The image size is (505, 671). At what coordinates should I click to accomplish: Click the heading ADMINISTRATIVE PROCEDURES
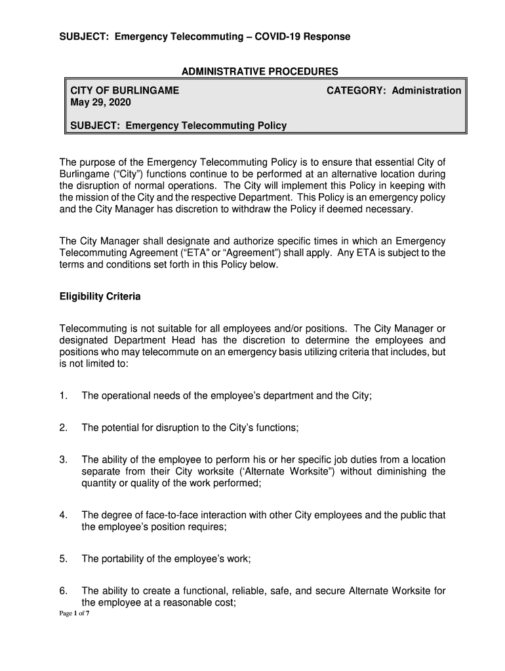pyautogui.click(x=260, y=71)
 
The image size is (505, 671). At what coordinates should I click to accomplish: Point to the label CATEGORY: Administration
pyautogui.click(x=394, y=90)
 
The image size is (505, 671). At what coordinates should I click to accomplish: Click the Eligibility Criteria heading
pyautogui.click(x=100, y=297)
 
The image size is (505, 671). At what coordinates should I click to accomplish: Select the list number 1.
pyautogui.click(x=63, y=395)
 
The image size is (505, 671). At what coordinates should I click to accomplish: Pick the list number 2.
pyautogui.click(x=63, y=428)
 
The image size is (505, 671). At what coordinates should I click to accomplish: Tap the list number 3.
pyautogui.click(x=63, y=460)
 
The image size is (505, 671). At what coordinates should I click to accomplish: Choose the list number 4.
pyautogui.click(x=63, y=515)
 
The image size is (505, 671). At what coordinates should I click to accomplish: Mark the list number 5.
pyautogui.click(x=63, y=559)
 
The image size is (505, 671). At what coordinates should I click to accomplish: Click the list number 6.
pyautogui.click(x=63, y=591)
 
